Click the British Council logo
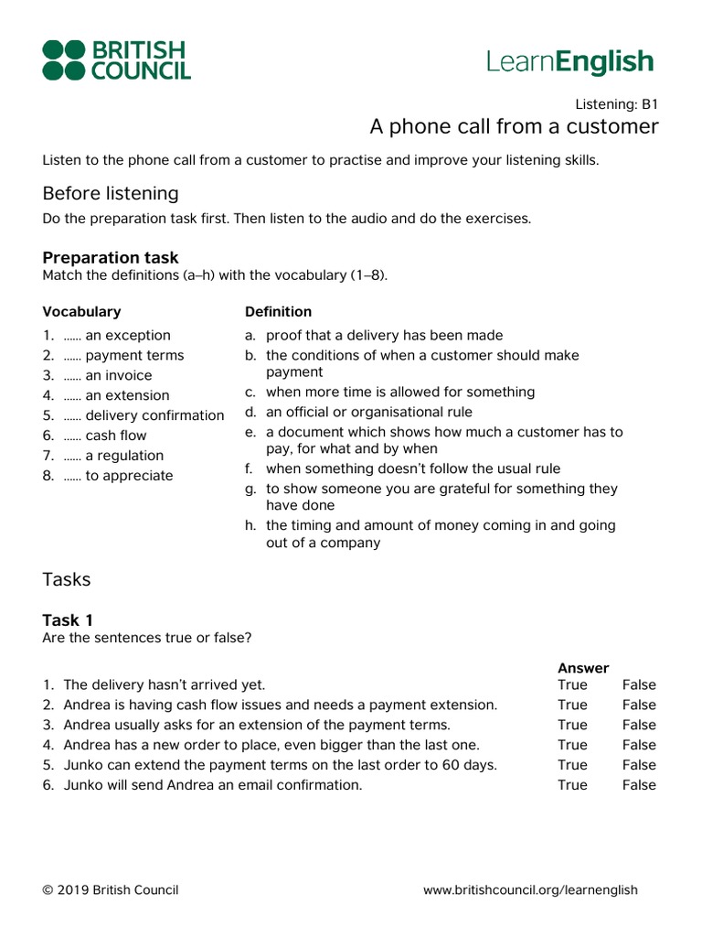[116, 60]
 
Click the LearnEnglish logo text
[570, 61]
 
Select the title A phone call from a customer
[513, 126]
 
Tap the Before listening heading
[111, 193]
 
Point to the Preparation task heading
[111, 257]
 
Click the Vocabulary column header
[81, 311]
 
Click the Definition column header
[278, 311]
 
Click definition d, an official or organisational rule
[368, 412]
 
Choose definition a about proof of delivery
[384, 335]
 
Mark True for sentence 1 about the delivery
[572, 684]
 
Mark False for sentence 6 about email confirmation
[639, 785]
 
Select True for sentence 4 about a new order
[572, 745]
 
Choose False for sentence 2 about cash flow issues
[639, 705]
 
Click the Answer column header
[583, 668]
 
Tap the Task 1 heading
[68, 619]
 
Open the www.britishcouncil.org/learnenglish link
[530, 889]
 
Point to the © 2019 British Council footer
[111, 889]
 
